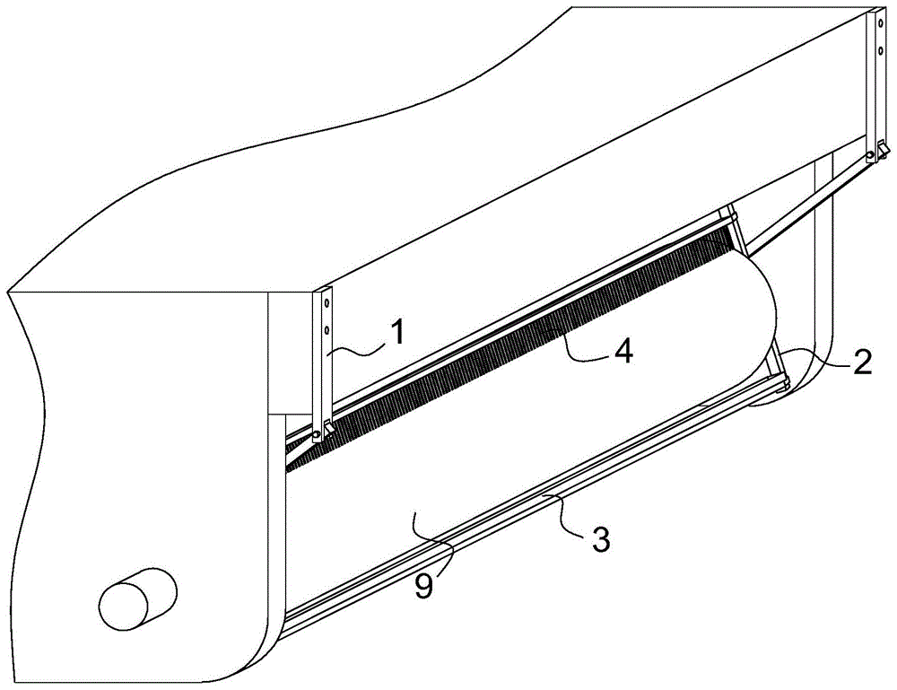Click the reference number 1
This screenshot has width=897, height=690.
tap(397, 332)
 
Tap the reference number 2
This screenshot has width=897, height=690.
tap(863, 361)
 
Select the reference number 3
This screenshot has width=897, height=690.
tap(600, 538)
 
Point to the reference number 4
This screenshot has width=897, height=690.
tap(623, 350)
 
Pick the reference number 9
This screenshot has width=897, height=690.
tap(424, 587)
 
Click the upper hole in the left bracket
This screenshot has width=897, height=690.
tap(327, 302)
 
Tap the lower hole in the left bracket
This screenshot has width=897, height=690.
tap(327, 330)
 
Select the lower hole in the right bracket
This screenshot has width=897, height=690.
tap(880, 50)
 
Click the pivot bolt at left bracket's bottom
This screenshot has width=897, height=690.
tap(315, 436)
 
